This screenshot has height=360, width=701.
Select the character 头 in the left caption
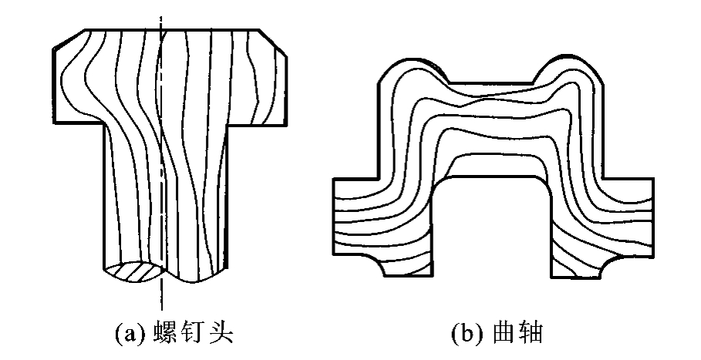(221, 334)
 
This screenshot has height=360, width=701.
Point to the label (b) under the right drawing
(467, 334)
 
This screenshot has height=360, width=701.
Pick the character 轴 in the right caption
(531, 334)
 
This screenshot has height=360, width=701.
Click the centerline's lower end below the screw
(161, 310)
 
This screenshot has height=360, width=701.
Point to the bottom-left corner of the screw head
(54, 123)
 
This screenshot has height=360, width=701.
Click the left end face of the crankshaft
(334, 217)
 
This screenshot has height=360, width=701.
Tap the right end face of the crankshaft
(654, 217)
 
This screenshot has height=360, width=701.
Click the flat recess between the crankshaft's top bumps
(491, 83)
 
